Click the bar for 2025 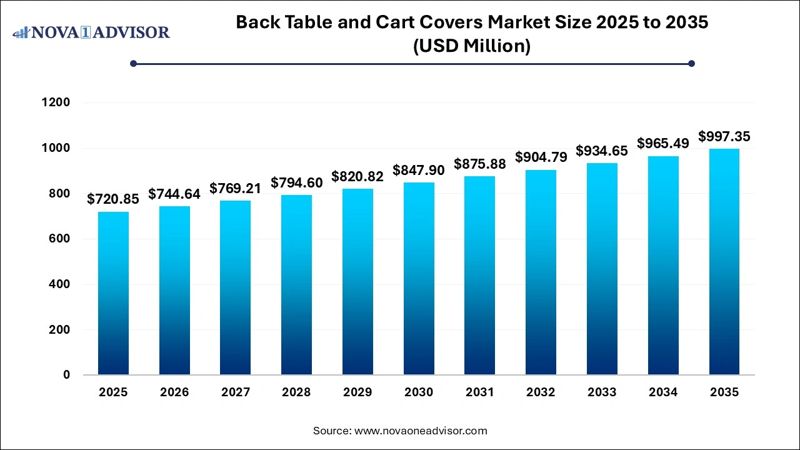pos(113,293)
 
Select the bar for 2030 pos(419,279)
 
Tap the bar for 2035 pos(724,262)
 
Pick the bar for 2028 pos(296,285)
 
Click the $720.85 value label pos(113,199)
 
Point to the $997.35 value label pos(724,136)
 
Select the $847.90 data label pos(419,170)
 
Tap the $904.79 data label pos(541,157)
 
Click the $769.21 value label pos(235,188)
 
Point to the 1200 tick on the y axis pos(56,102)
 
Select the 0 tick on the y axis pos(66,375)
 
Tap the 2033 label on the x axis pos(602,392)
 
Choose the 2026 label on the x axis pos(174,392)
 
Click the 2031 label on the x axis pos(480,392)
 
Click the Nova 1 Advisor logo pos(91,32)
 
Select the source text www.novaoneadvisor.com pos(421,431)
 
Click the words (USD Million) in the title pos(472,46)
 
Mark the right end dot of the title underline pos(691,63)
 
